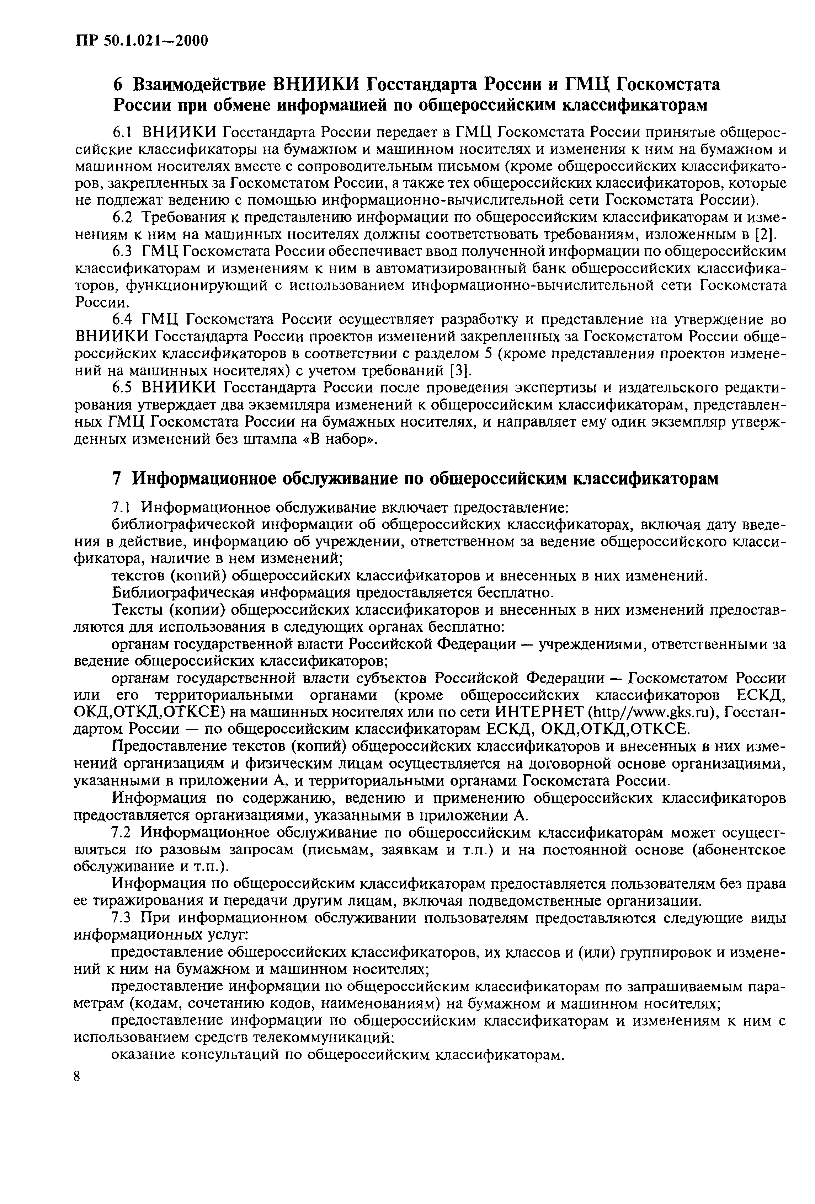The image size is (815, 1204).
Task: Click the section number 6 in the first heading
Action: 119,84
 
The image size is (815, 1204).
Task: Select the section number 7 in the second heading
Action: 118,478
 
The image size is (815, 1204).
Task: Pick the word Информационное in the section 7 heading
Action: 203,478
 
